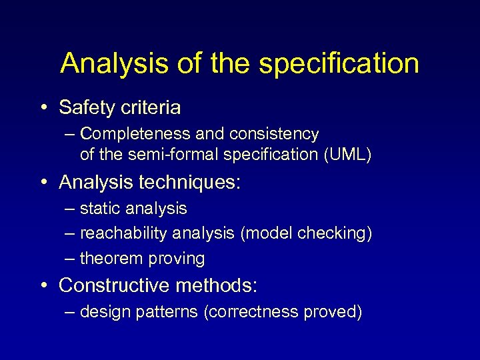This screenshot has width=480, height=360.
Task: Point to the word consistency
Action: tap(274, 135)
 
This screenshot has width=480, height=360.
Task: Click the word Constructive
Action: tap(114, 286)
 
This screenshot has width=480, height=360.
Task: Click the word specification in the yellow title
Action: tap(339, 64)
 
